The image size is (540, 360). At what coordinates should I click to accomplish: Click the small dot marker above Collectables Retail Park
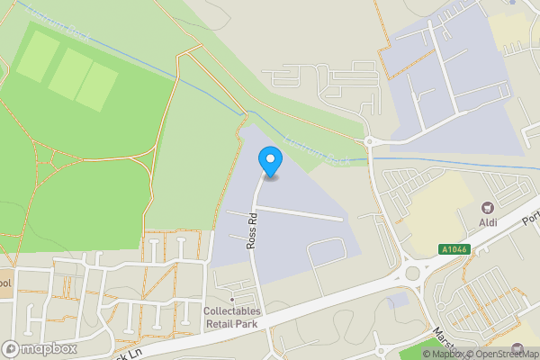click(233, 298)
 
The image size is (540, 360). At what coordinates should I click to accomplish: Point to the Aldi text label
click(490, 222)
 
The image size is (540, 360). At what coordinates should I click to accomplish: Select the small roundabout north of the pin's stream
click(369, 140)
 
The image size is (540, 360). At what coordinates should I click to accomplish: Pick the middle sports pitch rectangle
click(68, 71)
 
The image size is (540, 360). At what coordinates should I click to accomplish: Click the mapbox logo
click(40, 348)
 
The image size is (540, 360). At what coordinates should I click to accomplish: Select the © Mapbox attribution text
click(438, 354)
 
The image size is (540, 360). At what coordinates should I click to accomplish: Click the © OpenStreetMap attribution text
click(502, 354)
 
